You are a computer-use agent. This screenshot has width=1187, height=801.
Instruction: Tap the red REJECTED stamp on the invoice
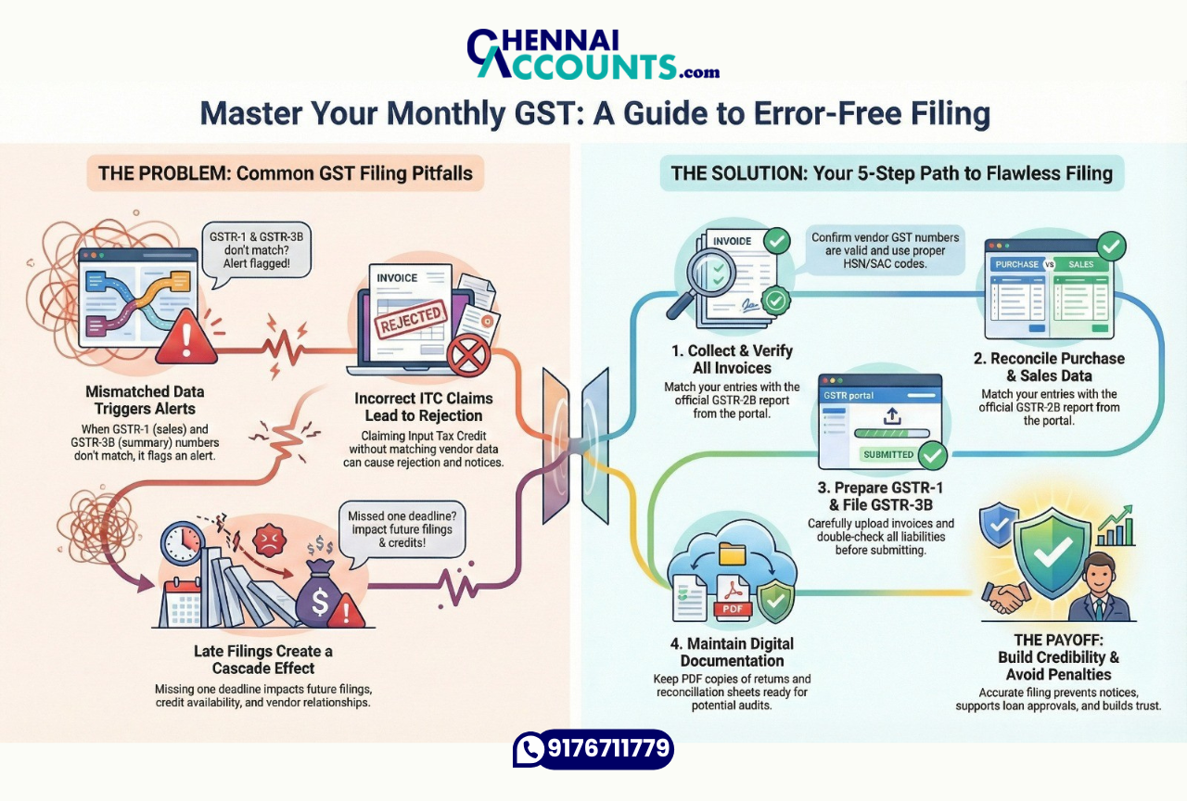coord(411,320)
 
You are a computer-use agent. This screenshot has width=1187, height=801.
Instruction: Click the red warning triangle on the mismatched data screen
coord(186,337)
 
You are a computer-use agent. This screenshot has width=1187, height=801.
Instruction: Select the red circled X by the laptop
coord(469,355)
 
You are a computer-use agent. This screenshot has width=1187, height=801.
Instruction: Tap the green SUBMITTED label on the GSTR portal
coord(888,454)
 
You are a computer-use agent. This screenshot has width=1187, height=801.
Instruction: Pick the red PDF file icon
coord(733,598)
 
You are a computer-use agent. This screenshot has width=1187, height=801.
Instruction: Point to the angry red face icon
coord(270,540)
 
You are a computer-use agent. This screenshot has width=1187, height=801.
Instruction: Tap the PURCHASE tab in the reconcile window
coord(1016,264)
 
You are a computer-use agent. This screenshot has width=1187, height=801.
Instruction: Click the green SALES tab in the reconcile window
coord(1081,264)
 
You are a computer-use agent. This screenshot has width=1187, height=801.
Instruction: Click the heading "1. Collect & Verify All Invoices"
coord(732,359)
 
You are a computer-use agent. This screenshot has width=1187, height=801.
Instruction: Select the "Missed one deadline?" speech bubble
coord(402,529)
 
